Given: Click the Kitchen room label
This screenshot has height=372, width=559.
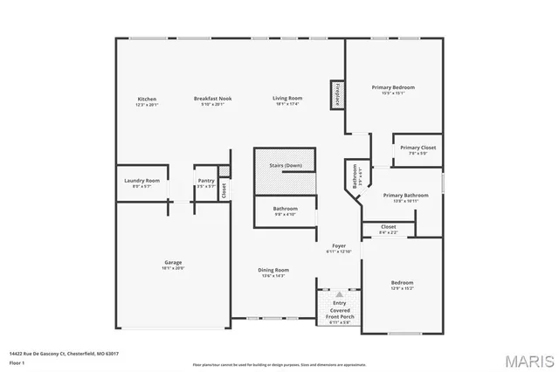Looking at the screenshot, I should pos(147,100).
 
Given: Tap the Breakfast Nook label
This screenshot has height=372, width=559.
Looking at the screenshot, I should pos(212,100).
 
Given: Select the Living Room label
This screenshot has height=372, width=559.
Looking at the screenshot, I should pos(287,100).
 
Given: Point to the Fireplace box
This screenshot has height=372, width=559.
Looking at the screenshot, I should pos(337,94).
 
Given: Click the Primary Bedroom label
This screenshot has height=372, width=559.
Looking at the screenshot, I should pos(392,87).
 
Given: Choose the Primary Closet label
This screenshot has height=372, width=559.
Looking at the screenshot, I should pos(418,148).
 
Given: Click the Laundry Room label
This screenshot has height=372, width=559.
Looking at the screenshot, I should pos(141,181).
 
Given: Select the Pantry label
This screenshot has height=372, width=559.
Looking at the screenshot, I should pos(205,181).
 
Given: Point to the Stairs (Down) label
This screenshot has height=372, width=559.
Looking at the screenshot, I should pos(285,164).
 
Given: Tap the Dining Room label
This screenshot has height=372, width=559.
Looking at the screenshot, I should pos(273,271).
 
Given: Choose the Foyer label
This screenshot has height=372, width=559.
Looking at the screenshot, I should pos(338,247).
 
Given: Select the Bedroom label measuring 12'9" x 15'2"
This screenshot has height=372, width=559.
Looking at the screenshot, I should pos(402,283).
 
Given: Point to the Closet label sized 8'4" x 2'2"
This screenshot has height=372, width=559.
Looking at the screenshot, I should pos(389,228).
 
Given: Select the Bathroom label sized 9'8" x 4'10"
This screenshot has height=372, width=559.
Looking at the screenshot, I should pos(285,210).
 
